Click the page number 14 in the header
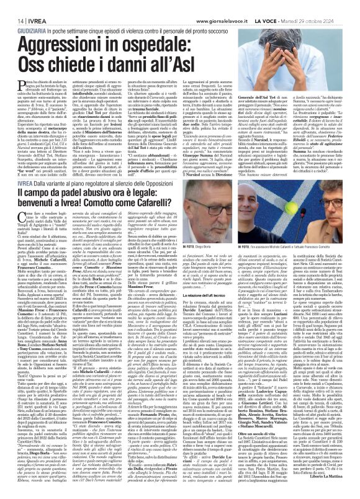12,6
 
